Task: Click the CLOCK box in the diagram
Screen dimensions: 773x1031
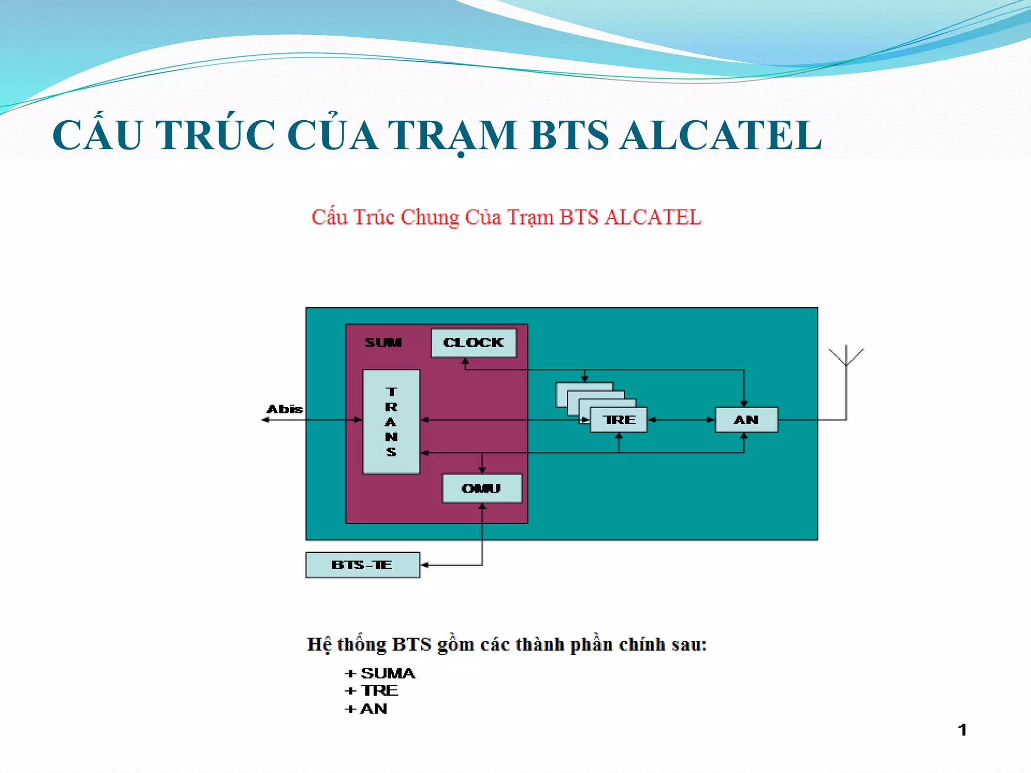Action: click(x=473, y=343)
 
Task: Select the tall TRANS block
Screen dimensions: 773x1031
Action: click(x=391, y=422)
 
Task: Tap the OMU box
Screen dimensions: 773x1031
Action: click(x=482, y=488)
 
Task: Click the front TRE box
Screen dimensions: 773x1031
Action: click(x=619, y=420)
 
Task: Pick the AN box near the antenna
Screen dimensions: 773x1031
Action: click(x=746, y=420)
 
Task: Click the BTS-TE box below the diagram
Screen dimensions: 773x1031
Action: click(x=362, y=565)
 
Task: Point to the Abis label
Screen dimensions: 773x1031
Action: click(x=284, y=409)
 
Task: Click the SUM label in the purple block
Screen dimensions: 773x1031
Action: click(x=383, y=343)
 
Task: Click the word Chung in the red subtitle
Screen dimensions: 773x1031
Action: click(x=429, y=217)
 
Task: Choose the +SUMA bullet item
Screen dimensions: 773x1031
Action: click(x=381, y=673)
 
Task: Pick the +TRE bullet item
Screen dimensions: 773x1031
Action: click(x=372, y=691)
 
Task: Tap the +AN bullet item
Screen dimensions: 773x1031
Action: click(x=366, y=709)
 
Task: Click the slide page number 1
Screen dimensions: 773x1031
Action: click(x=962, y=730)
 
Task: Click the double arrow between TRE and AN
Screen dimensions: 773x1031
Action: click(x=681, y=420)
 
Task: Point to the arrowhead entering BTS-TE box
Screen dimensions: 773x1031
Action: click(x=424, y=565)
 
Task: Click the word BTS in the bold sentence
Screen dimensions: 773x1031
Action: click(x=411, y=645)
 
